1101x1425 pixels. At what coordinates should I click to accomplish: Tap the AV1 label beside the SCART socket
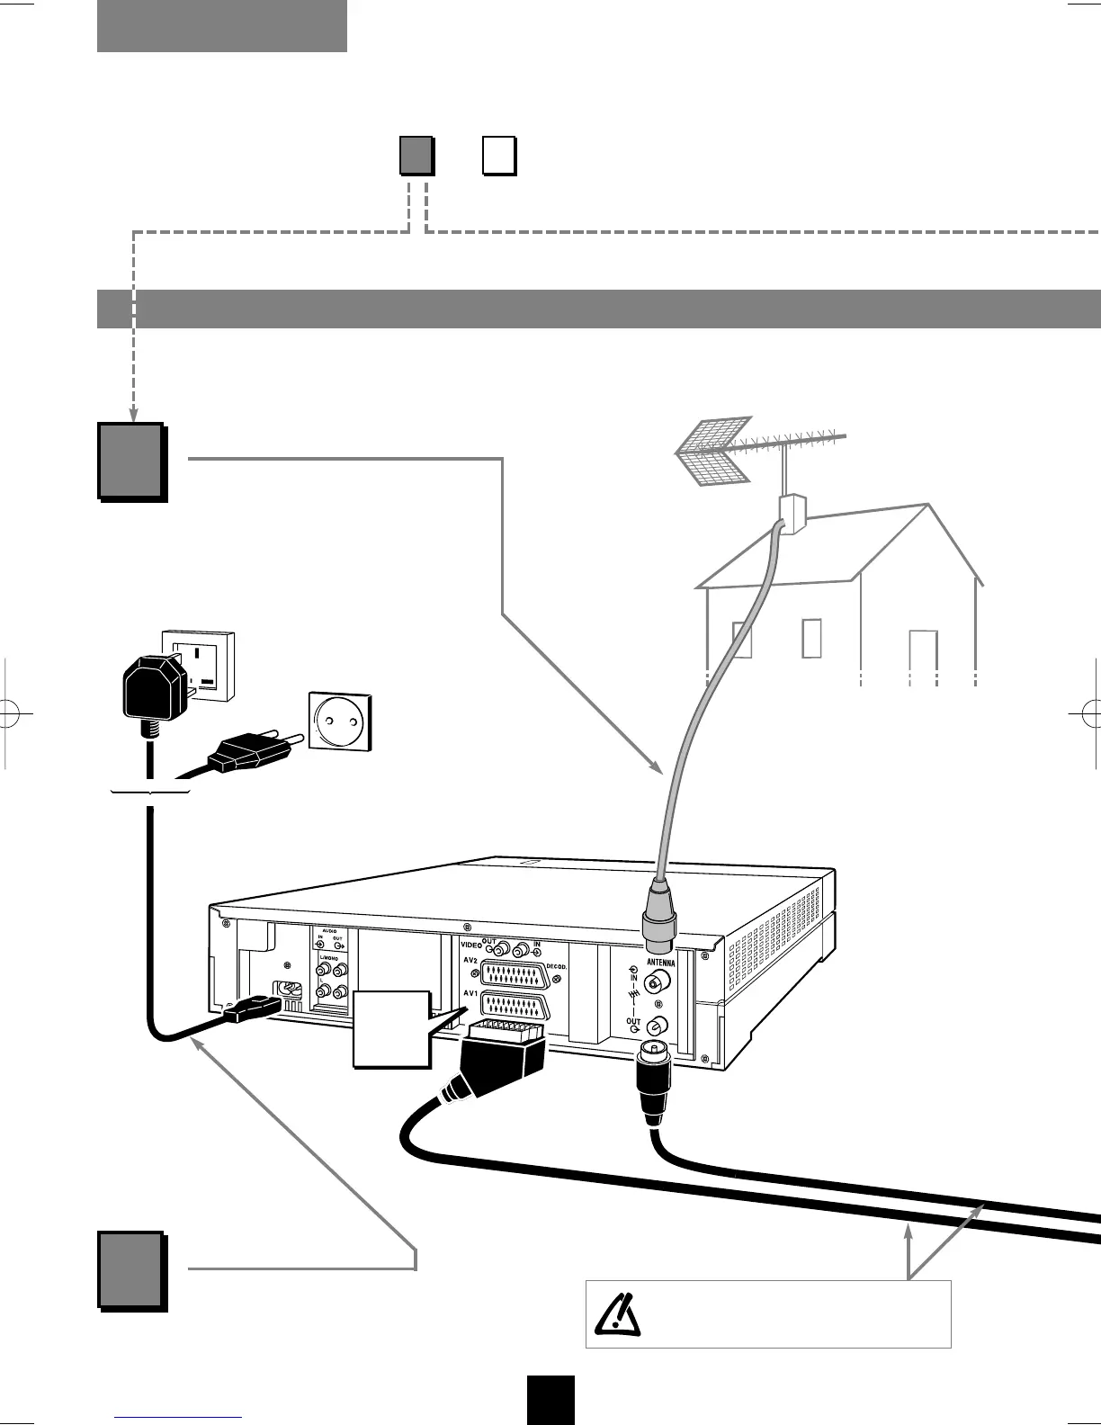tap(469, 994)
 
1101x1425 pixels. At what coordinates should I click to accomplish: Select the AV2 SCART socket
tap(514, 974)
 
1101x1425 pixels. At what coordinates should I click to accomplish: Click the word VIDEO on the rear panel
tap(470, 946)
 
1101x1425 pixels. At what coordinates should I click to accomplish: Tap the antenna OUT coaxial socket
tap(658, 1025)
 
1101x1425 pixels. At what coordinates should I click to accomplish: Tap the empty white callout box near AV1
tap(391, 1029)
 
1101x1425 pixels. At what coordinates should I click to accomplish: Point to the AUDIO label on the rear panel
tap(328, 930)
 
